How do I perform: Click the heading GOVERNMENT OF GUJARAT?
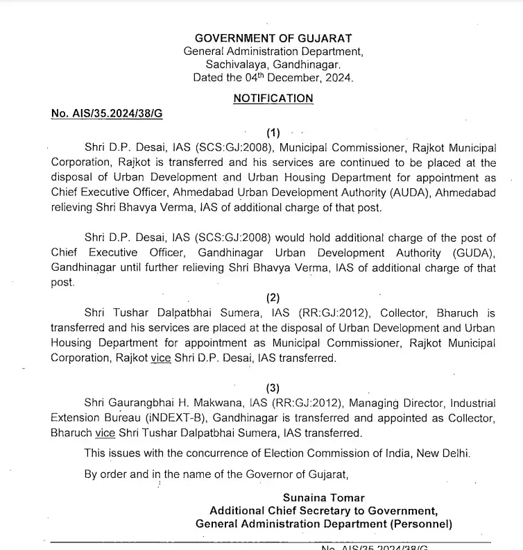273,38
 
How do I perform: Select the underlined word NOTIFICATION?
273,99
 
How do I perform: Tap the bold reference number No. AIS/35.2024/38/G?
107,113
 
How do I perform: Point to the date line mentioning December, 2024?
273,78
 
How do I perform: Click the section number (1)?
273,132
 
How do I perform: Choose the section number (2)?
273,297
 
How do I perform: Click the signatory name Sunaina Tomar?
323,498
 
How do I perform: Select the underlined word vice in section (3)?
105,433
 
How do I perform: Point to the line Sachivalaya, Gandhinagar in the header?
273,65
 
